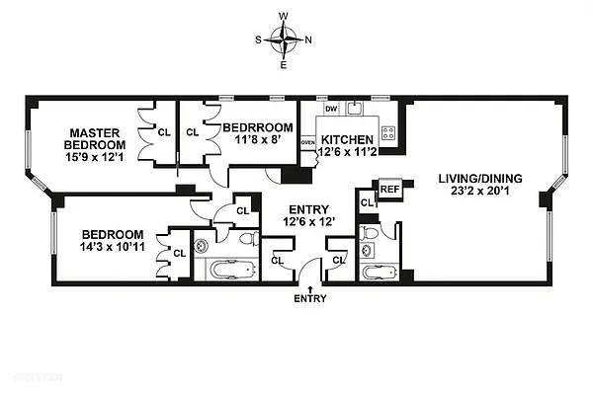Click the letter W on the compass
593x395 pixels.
pyautogui.click(x=285, y=17)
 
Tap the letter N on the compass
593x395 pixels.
pyautogui.click(x=309, y=40)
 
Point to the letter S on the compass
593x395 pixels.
pyautogui.click(x=259, y=40)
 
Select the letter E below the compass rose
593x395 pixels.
pyautogui.click(x=285, y=65)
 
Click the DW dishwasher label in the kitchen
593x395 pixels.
pyautogui.click(x=331, y=109)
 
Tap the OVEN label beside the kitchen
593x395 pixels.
pyautogui.click(x=307, y=142)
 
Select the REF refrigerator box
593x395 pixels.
pyautogui.click(x=389, y=189)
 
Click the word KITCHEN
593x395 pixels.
pyautogui.click(x=346, y=139)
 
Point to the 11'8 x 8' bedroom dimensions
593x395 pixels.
pyautogui.click(x=257, y=141)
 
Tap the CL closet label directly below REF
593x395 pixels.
pyautogui.click(x=367, y=202)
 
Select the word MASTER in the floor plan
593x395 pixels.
pyautogui.click(x=95, y=131)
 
